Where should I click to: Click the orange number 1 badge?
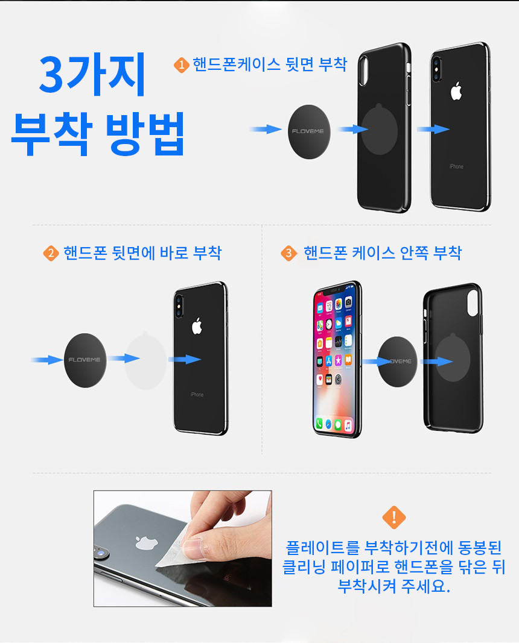(x=182, y=65)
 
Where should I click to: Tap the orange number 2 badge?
(x=51, y=253)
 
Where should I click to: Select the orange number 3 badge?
(x=288, y=253)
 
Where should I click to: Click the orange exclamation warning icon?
(x=393, y=517)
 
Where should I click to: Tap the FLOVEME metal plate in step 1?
(x=309, y=131)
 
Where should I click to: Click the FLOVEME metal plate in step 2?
(x=85, y=360)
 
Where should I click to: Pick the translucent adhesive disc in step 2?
(x=145, y=360)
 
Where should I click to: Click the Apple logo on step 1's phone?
(x=456, y=91)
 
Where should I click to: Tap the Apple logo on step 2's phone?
(x=197, y=325)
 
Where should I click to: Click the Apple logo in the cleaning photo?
(x=147, y=542)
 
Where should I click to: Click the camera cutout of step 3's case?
(x=473, y=303)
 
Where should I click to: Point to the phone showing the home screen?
(x=337, y=359)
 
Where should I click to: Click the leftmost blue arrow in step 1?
(x=266, y=129)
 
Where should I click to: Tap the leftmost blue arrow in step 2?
(x=47, y=360)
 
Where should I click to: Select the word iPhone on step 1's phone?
(x=456, y=166)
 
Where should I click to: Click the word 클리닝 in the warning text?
(x=304, y=566)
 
